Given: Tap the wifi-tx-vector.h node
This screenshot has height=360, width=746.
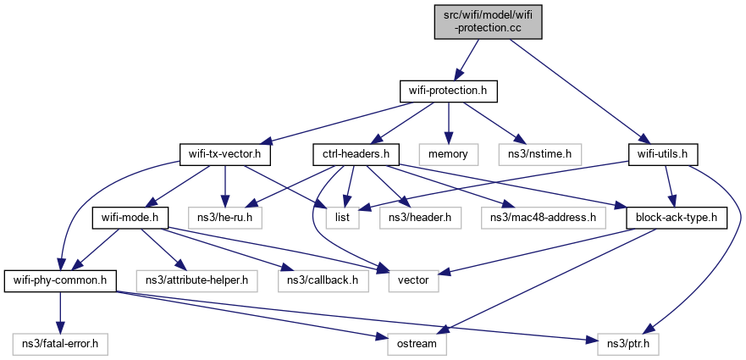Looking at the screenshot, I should (225, 155).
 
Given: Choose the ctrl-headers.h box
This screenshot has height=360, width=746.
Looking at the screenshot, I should (356, 155).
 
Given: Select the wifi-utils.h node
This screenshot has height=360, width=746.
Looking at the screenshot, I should (663, 155).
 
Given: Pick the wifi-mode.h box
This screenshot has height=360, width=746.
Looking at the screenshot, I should (127, 218).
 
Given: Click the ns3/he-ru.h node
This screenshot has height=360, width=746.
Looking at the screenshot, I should (225, 218).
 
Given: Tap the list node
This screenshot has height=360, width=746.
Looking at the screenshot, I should (347, 218).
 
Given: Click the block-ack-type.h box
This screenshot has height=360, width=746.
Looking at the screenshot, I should (676, 218).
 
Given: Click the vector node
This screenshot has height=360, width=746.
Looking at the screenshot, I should (413, 280).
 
